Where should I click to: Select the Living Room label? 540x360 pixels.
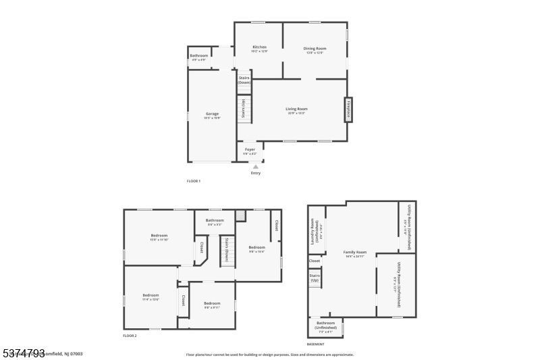(296, 110)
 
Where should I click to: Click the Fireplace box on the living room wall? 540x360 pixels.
(349, 109)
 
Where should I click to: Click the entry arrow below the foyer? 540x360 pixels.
(255, 166)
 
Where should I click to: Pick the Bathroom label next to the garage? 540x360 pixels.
(199, 57)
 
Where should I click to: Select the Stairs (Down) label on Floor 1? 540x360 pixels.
(244, 80)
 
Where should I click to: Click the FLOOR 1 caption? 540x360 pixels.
(194, 181)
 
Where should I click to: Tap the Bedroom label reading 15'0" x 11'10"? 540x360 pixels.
(159, 237)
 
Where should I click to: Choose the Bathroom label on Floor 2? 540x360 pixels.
(215, 222)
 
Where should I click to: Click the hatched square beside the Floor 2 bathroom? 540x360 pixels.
(240, 215)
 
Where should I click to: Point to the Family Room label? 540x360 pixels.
(354, 253)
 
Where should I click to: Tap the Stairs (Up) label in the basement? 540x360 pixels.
(314, 278)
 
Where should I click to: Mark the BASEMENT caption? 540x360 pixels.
(316, 344)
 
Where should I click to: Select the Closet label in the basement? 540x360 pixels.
(315, 261)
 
